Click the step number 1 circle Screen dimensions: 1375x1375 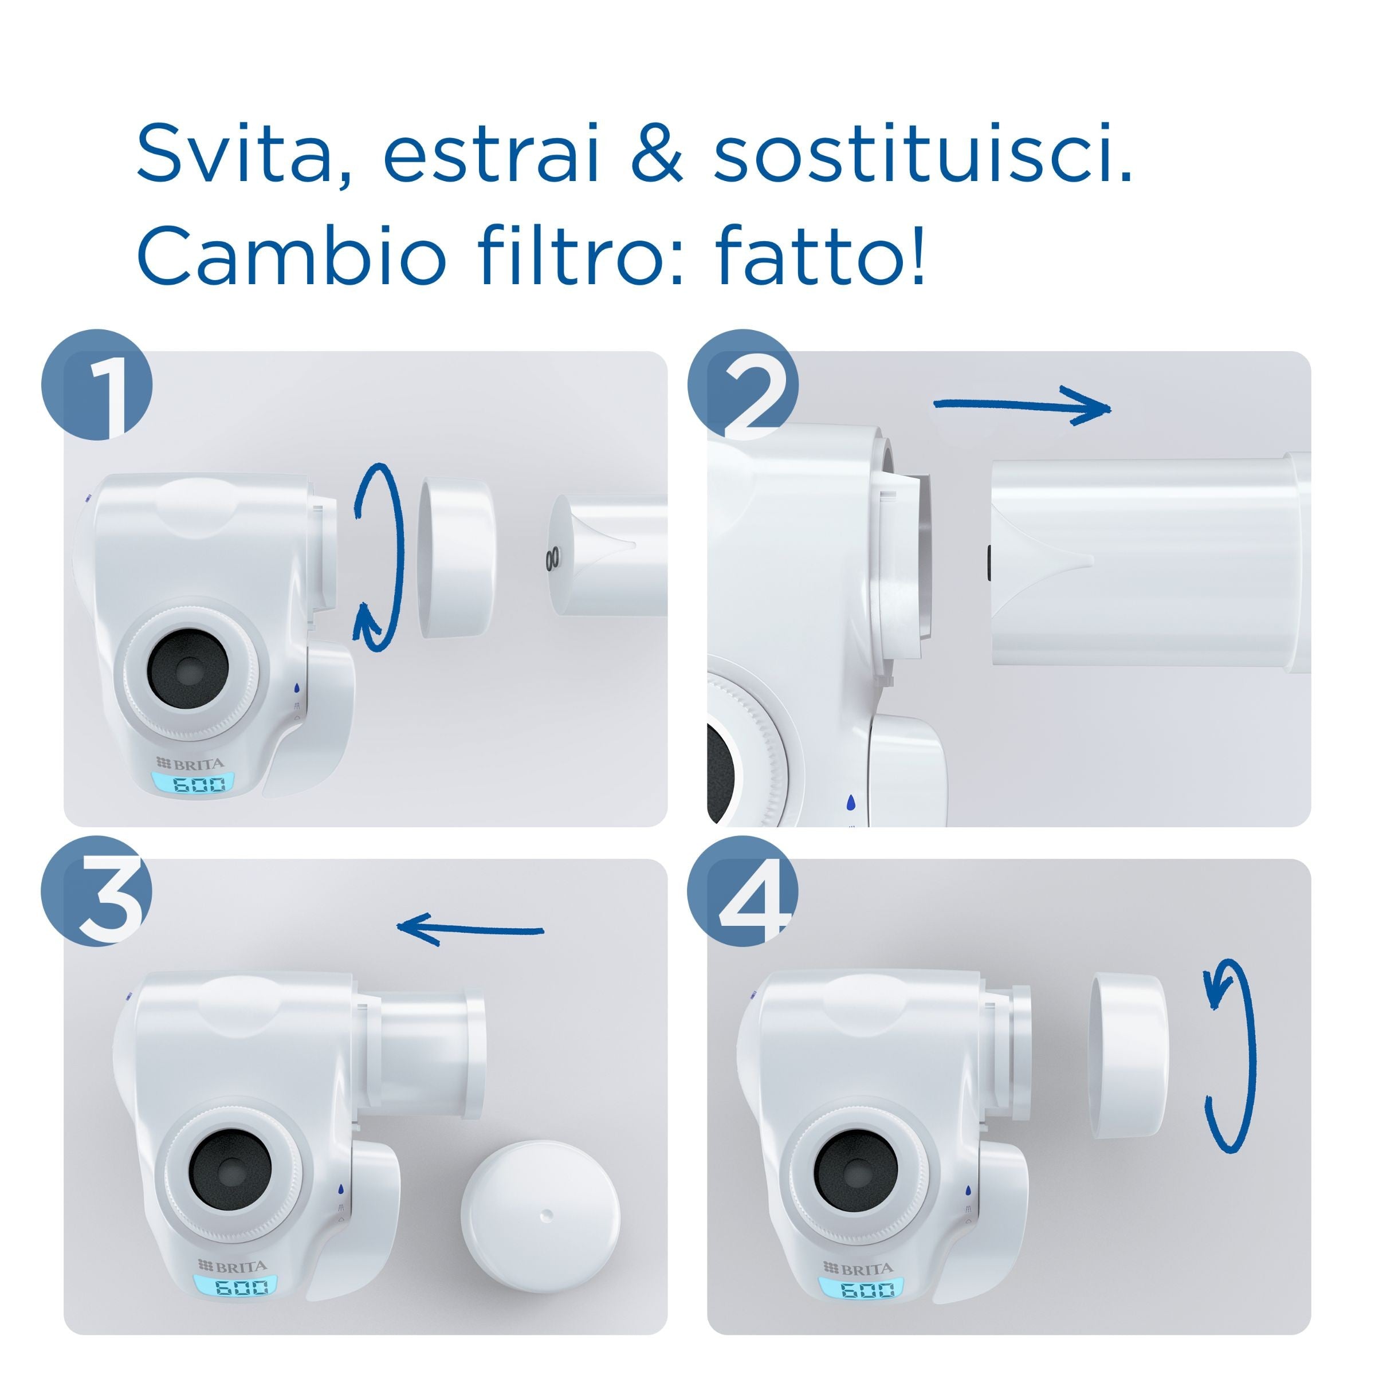coord(97,384)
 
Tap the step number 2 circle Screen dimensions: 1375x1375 coord(742,384)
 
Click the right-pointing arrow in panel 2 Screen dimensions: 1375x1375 coord(1022,406)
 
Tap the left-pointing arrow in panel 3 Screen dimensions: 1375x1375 coord(470,928)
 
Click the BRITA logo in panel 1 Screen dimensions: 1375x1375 coord(190,764)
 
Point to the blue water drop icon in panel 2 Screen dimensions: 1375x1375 coord(851,803)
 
